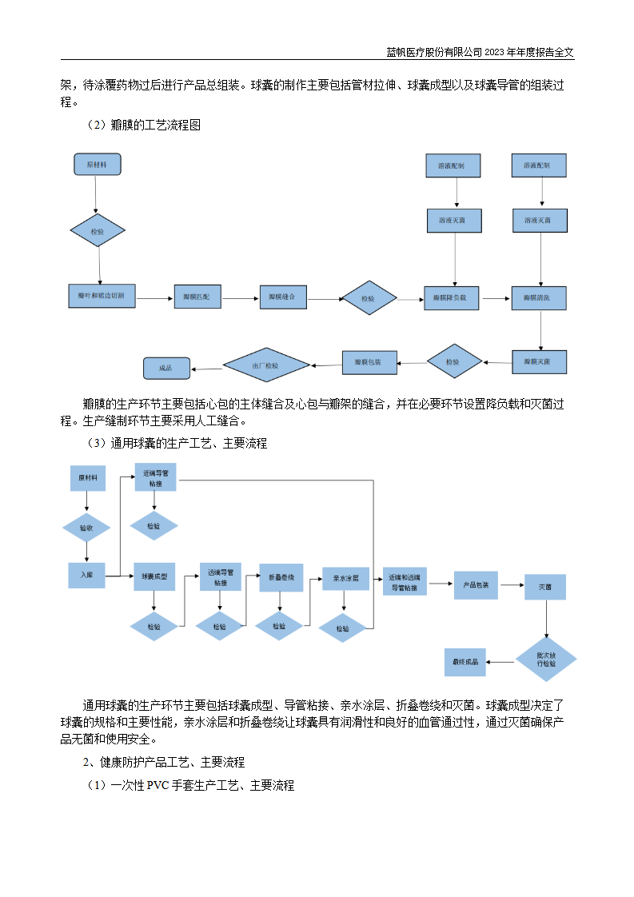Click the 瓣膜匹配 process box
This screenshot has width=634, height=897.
click(197, 297)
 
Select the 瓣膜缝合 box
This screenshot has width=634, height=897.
click(282, 297)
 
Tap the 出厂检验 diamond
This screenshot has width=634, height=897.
click(265, 366)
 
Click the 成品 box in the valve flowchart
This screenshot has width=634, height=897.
click(166, 368)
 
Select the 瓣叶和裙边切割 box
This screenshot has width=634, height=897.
click(101, 297)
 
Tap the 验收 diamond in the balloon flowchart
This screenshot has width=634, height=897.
click(86, 528)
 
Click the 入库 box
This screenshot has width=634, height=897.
click(86, 575)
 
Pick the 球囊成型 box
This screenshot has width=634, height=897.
click(154, 576)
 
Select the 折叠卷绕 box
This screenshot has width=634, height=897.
click(281, 577)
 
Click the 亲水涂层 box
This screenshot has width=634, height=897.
click(345, 578)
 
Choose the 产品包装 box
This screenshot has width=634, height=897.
click(476, 584)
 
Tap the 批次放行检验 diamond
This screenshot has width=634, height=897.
click(547, 660)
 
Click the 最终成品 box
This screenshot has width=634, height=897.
click(465, 661)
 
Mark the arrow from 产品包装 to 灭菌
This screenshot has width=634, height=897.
click(512, 585)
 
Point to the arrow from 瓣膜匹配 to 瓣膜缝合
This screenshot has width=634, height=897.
click(241, 298)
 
